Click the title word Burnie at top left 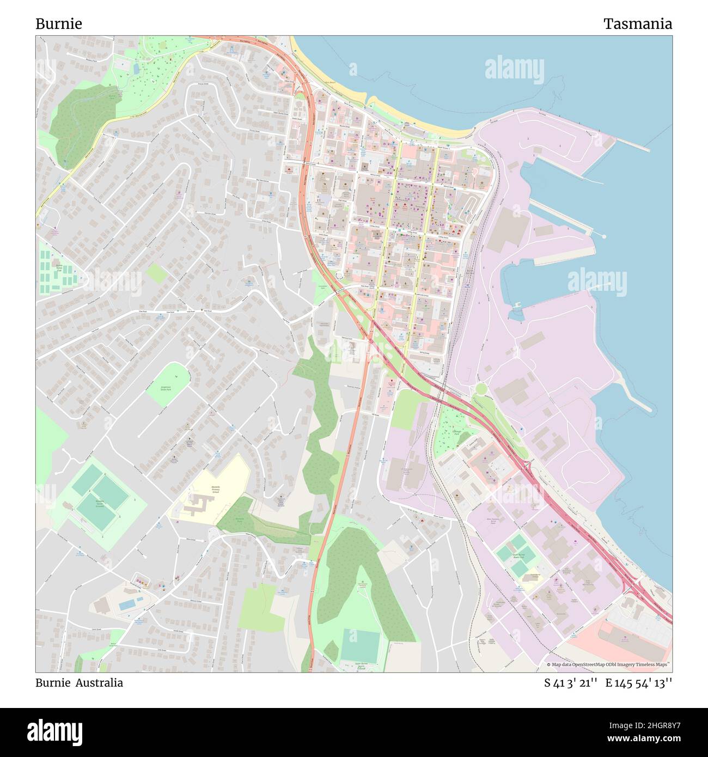point(59,24)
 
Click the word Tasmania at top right point(637,24)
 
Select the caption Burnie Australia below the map point(79,683)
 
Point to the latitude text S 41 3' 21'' point(571,683)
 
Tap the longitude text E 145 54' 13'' point(639,683)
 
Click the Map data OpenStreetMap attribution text point(608,664)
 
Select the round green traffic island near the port point(481,388)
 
